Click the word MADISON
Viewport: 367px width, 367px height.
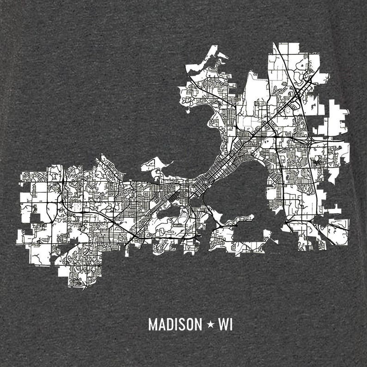175,324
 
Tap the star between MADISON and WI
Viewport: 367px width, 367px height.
210,324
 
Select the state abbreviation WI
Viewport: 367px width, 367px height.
226,324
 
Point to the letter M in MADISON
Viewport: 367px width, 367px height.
153,324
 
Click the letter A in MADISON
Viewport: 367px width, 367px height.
161,324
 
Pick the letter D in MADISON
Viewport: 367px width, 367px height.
169,324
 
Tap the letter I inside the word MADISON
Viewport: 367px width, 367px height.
175,324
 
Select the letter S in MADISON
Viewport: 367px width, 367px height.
181,324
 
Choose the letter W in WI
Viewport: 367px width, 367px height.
223,324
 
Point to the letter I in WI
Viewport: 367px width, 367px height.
231,324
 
